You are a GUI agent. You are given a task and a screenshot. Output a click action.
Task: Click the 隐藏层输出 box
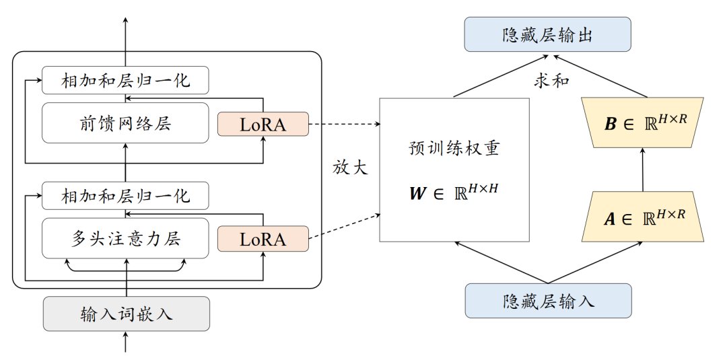pos(548,34)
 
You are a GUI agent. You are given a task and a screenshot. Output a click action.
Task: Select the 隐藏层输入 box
pos(548,300)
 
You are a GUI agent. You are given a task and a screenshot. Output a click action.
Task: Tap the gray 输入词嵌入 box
pos(126,314)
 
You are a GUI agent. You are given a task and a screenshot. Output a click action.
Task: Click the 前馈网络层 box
pos(125,122)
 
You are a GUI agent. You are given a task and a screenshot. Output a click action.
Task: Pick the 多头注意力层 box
pos(125,238)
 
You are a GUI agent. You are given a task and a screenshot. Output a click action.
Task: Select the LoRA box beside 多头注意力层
pos(263,238)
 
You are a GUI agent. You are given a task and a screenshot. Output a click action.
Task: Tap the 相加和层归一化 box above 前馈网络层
pos(125,81)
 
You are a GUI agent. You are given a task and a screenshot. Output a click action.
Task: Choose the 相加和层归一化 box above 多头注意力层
pos(125,196)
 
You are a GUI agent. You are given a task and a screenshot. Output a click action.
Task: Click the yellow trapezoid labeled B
pos(643,123)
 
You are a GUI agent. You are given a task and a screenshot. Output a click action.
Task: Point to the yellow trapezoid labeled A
pos(643,216)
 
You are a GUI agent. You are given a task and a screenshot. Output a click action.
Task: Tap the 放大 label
pos(351,167)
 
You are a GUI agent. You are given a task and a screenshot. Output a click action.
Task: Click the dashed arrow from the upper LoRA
pos(343,123)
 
